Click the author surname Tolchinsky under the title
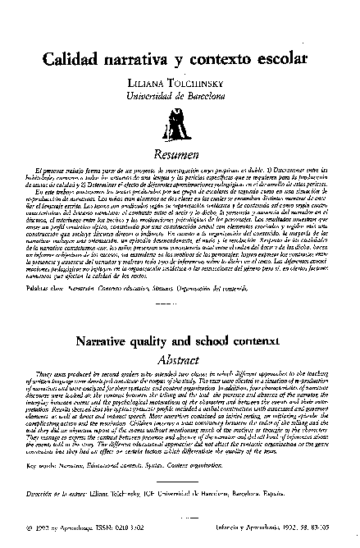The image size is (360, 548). point(203,86)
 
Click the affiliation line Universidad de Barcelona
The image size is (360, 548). point(180,99)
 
